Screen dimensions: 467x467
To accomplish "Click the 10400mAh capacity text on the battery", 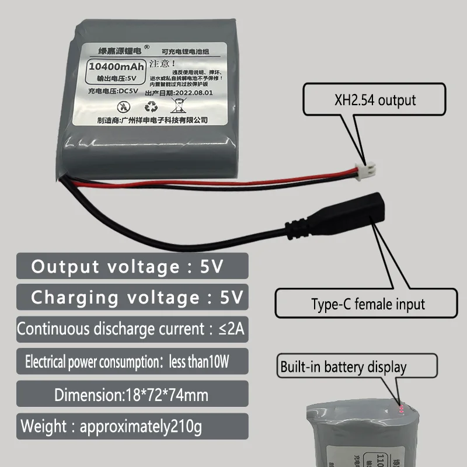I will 115,66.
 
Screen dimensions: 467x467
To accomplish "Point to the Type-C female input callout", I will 367,304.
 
